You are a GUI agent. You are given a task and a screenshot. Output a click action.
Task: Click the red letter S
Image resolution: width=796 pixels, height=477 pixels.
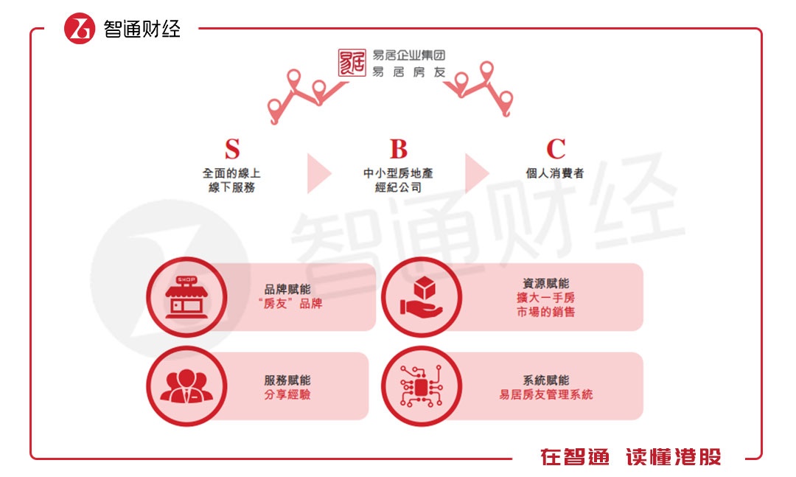pos(232,149)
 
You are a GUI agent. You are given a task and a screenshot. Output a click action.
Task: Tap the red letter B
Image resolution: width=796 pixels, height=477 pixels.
pos(398,149)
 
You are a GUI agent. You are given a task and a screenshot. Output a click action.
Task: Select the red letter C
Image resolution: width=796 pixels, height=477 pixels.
pos(556,149)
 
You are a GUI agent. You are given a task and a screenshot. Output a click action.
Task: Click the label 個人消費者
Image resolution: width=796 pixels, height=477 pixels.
pos(556,174)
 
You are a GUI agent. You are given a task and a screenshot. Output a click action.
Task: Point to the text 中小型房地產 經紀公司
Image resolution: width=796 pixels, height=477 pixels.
pos(398,181)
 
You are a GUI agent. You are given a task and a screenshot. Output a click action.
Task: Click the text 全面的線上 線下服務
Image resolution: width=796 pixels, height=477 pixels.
pos(232,181)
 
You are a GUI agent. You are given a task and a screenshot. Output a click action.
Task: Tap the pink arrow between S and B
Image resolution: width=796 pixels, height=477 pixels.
pos(318,174)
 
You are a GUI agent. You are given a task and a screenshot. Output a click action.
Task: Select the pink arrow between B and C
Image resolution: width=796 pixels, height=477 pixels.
pos(475,174)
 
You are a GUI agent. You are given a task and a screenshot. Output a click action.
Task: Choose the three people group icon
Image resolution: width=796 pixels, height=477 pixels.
pos(186,386)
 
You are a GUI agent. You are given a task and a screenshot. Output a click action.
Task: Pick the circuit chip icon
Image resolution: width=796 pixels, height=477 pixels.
pos(421,386)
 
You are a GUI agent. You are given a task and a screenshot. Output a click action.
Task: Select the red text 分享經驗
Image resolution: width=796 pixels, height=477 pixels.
pos(287,395)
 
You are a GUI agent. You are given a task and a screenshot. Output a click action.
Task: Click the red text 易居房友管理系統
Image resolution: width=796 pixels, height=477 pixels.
pos(545,395)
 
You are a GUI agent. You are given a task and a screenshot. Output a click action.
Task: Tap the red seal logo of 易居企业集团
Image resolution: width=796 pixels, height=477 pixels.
pos(352,63)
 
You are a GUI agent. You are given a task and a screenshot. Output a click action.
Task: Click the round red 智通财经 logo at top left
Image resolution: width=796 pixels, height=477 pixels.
pos(80,29)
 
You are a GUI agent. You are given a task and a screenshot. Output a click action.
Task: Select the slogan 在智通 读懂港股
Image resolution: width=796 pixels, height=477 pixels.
pos(630,457)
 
